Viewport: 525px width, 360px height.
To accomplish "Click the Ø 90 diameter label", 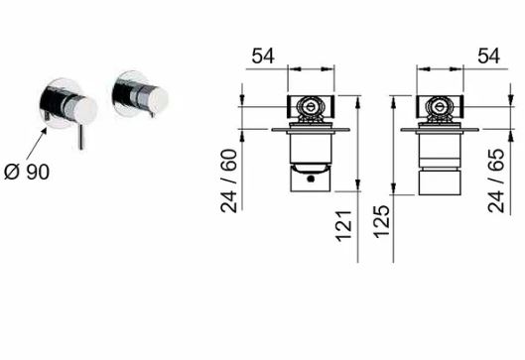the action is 27,172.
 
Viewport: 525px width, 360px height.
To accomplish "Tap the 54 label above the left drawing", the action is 263,56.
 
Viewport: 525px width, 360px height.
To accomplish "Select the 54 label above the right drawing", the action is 488,56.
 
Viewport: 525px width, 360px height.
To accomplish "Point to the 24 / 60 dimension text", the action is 229,180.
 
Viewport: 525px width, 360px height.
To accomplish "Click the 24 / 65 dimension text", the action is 496,180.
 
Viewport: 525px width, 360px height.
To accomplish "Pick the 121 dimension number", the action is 343,226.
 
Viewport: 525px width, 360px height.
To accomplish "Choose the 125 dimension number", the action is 382,222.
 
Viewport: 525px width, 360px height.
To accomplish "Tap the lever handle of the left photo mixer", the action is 80,137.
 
